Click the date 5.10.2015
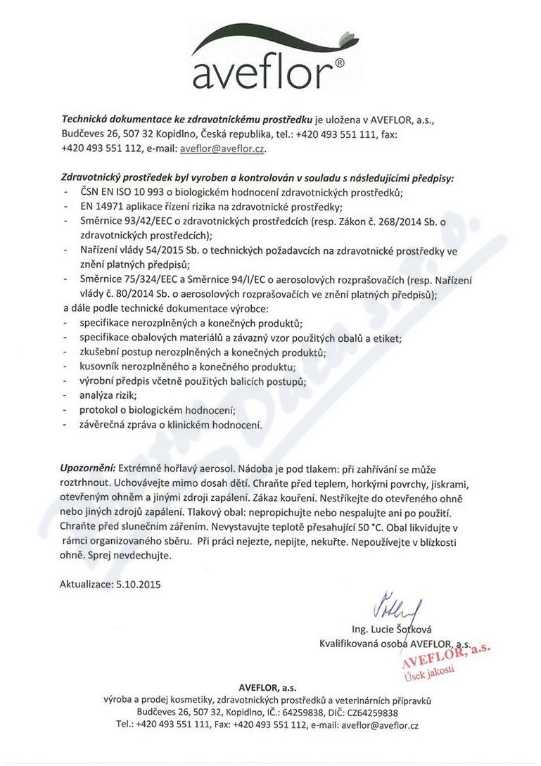[x=136, y=583]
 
